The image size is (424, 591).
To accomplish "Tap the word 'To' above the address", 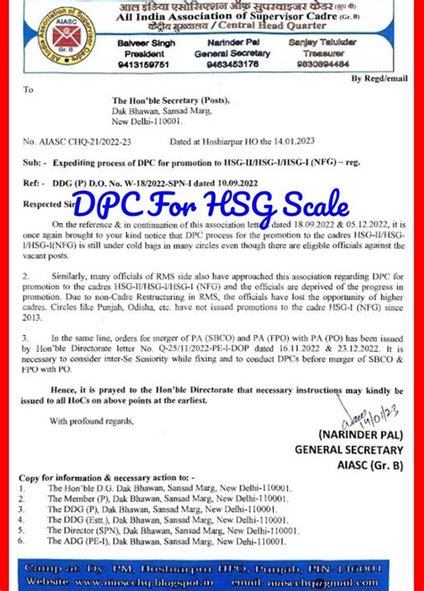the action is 28,90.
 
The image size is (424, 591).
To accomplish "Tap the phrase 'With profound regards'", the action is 95,420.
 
